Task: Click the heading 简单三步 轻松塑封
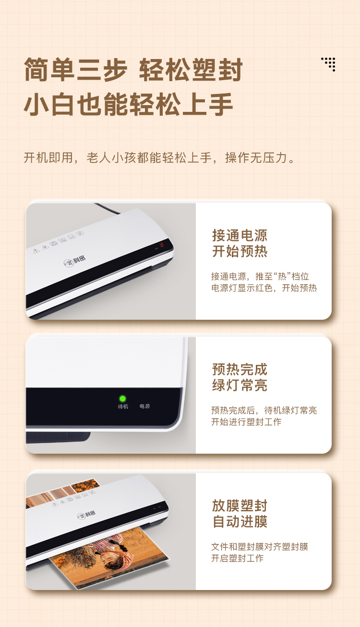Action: (x=133, y=70)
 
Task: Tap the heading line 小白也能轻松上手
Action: (x=129, y=104)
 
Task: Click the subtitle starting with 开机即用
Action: (x=159, y=158)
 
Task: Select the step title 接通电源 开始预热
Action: (x=240, y=243)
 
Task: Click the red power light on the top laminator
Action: (x=162, y=244)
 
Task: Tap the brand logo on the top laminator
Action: (x=74, y=261)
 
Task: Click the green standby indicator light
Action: (x=122, y=398)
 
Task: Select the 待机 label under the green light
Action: (x=123, y=407)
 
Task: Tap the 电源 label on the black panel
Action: (x=145, y=406)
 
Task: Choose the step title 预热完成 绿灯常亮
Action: (x=240, y=377)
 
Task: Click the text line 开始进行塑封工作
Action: (x=246, y=422)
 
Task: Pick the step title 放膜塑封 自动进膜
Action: (x=240, y=513)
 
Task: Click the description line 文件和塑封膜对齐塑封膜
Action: (x=260, y=547)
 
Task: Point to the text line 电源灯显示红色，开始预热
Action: (x=264, y=288)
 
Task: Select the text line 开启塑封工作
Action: (x=238, y=558)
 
